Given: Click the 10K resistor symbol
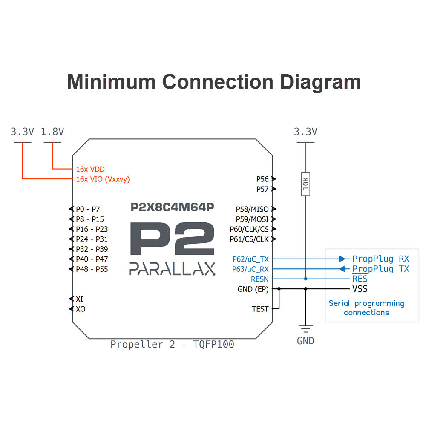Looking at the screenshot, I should click(x=305, y=184).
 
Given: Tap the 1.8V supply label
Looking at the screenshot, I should click(x=52, y=132).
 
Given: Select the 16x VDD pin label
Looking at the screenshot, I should click(x=90, y=169).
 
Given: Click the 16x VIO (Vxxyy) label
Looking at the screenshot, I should click(x=103, y=179).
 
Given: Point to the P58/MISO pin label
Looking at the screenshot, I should click(x=252, y=209).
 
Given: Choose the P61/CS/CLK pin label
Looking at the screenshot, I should click(x=249, y=239).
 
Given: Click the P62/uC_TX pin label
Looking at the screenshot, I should click(x=250, y=259).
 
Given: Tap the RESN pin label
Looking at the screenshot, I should click(x=260, y=279).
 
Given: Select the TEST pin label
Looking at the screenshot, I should click(x=260, y=309).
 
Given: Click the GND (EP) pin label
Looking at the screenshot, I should click(x=253, y=289).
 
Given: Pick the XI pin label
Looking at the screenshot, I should click(x=80, y=299).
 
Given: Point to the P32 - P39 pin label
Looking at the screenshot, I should click(x=92, y=249).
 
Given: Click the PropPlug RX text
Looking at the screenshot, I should click(x=380, y=259).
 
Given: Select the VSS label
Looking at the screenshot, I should click(x=360, y=289).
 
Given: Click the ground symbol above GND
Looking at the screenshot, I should click(x=305, y=328).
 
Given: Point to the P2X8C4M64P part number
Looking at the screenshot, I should click(x=172, y=207).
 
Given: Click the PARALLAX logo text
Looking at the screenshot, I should click(x=172, y=269).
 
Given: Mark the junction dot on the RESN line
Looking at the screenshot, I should click(x=305, y=279).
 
